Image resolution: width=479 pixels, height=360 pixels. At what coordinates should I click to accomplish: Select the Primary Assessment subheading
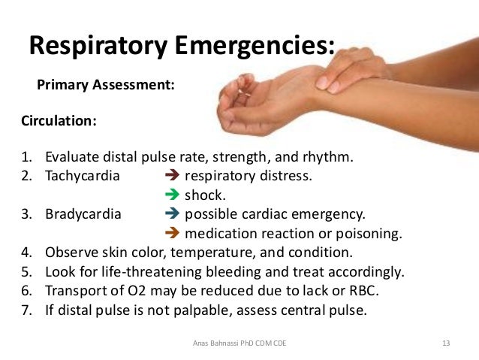click(106, 85)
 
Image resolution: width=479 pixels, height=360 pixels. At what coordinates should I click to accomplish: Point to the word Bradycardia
click(83, 214)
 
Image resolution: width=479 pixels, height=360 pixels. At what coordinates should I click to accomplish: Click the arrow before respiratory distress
click(170, 177)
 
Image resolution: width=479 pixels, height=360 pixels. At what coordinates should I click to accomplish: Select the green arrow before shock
click(170, 195)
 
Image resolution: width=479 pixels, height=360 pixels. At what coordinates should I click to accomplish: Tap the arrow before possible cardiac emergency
click(170, 214)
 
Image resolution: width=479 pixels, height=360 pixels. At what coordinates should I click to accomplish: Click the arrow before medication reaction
click(170, 233)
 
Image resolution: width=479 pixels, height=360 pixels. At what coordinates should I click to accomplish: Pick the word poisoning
click(372, 233)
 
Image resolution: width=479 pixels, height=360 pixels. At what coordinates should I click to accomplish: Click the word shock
click(204, 195)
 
